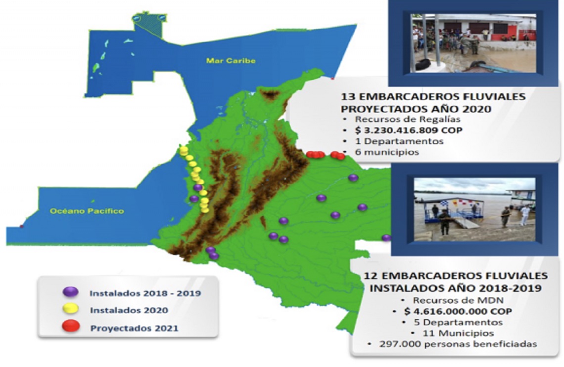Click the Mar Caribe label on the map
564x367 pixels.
[231, 61]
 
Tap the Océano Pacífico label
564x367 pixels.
[87, 211]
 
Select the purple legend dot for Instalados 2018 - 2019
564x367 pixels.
[70, 292]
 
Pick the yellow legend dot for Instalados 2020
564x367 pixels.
[70, 309]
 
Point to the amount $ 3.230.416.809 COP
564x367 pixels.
[409, 130]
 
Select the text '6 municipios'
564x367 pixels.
[387, 152]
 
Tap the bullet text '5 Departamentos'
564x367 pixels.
[458, 322]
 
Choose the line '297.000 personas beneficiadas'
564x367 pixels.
[458, 344]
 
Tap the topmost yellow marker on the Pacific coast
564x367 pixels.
[184, 150]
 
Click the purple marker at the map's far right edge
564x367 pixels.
[386, 238]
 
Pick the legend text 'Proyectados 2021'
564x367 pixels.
[134, 328]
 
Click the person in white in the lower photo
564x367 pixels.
[525, 215]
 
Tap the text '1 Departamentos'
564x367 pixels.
[399, 141]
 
